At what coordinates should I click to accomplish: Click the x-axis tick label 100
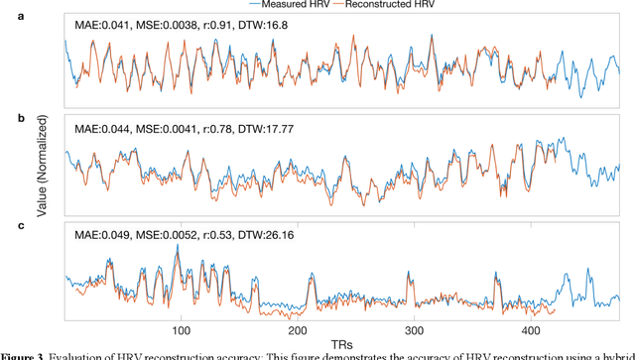(181, 329)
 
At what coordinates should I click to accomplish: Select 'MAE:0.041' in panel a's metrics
(101, 23)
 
